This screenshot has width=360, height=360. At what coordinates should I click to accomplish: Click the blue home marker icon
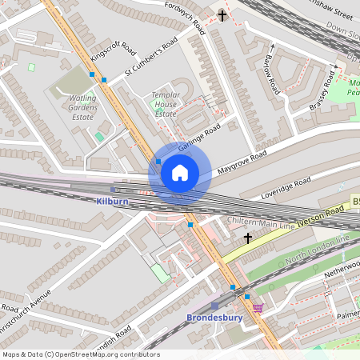coord(180,172)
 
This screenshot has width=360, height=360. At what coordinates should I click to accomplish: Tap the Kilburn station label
coord(112,201)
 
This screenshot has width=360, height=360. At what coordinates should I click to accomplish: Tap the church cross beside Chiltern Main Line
coord(247,238)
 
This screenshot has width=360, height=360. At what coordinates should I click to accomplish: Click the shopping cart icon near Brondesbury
coord(257,307)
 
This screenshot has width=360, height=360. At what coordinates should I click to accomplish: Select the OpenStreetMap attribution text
coord(81,354)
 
